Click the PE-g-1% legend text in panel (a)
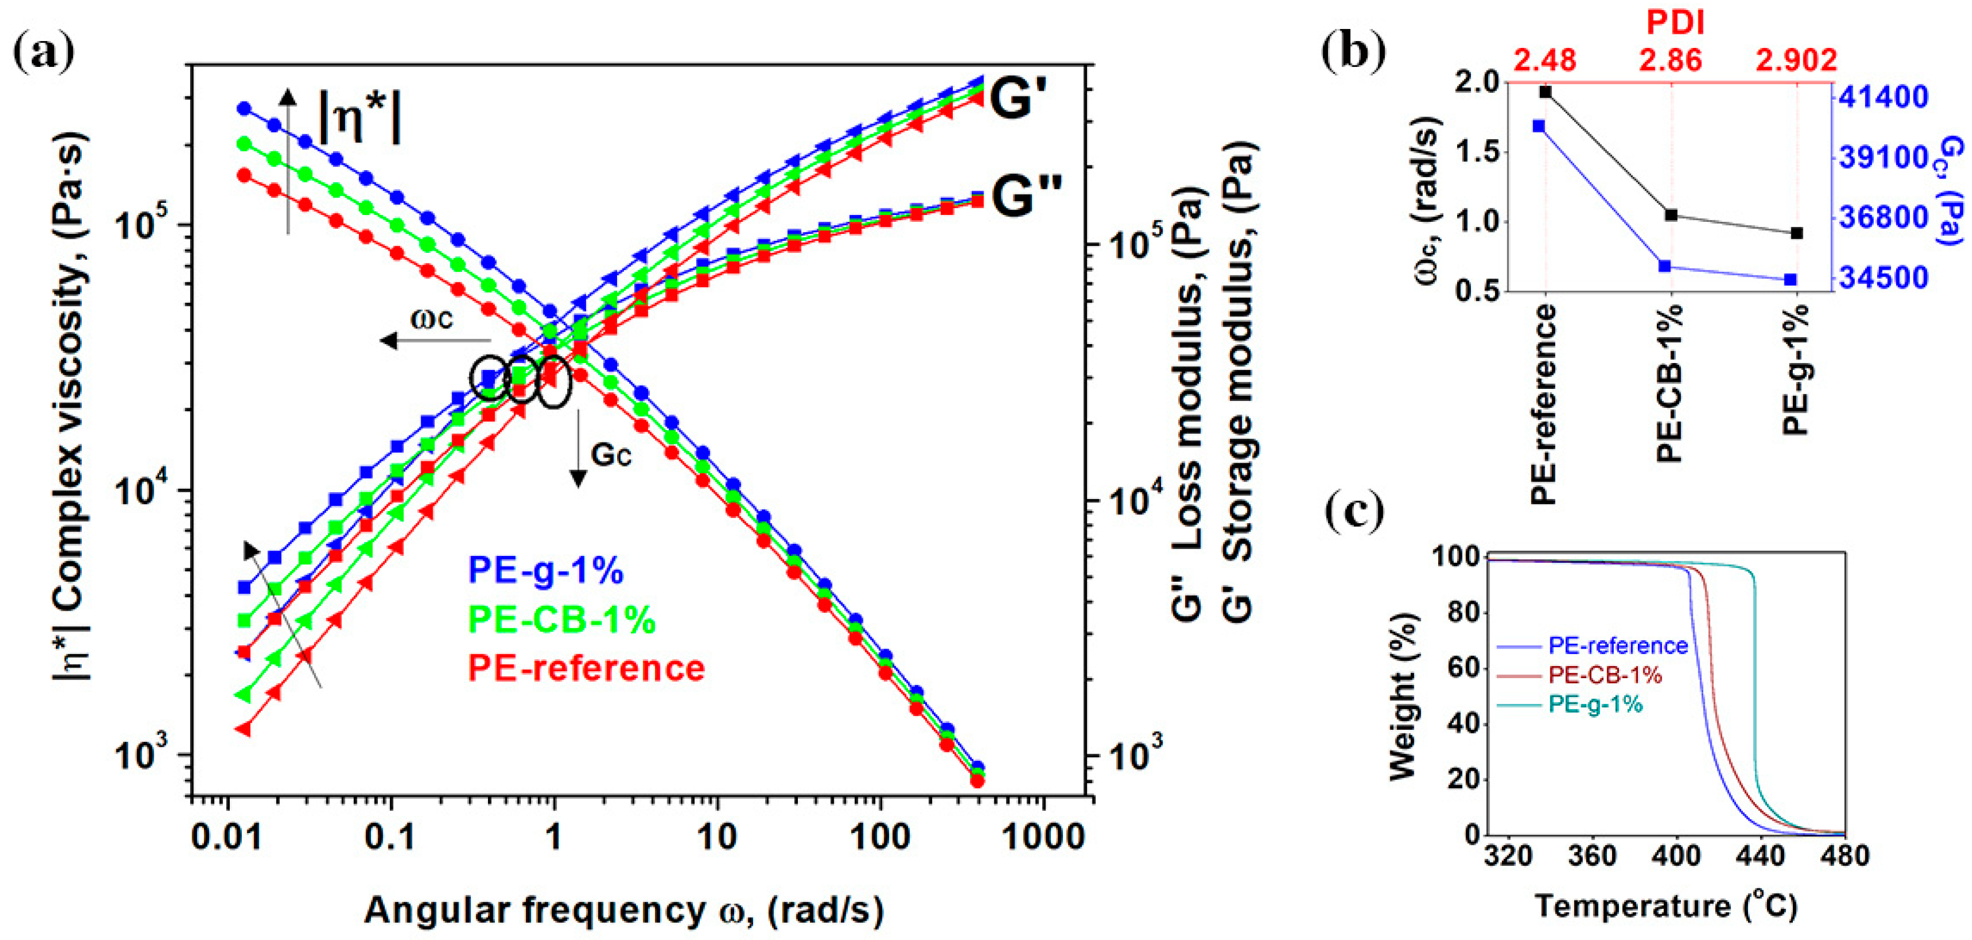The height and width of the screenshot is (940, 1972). click(x=545, y=571)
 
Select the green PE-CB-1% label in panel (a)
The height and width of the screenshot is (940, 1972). click(x=561, y=619)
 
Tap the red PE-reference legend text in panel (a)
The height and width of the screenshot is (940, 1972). click(x=585, y=668)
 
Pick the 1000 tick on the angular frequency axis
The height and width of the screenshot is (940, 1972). click(x=1042, y=837)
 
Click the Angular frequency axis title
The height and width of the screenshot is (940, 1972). click(x=624, y=910)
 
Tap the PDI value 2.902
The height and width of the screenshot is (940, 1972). click(x=1796, y=59)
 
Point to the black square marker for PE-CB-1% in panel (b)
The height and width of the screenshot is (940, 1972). click(x=1671, y=215)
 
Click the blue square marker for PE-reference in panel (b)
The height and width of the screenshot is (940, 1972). click(x=1539, y=126)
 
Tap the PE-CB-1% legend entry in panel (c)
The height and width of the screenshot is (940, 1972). click(x=1604, y=674)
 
